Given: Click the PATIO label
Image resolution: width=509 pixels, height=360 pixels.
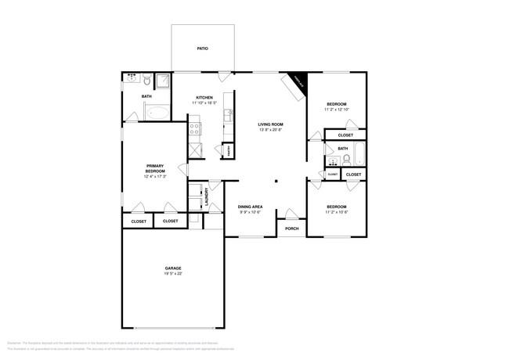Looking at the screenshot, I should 202,49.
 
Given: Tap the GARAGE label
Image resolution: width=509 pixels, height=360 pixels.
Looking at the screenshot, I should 173,267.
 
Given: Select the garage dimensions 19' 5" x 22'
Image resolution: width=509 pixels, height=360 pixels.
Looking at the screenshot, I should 173,274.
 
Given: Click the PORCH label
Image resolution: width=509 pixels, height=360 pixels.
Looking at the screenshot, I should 291,229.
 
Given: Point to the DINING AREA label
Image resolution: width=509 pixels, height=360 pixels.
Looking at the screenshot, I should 250,207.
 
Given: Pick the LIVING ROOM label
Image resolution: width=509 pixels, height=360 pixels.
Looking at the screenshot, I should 271,124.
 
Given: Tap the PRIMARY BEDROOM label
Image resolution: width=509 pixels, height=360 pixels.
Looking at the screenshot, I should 154,168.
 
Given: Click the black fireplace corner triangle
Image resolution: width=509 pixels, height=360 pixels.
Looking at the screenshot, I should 299,80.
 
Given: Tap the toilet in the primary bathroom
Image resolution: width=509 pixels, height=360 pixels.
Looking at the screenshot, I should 146,78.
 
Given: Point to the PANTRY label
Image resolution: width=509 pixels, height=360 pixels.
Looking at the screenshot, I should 229,149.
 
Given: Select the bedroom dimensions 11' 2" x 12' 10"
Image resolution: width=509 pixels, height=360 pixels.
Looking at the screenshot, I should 337,110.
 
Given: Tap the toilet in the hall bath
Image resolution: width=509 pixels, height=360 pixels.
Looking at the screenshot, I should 346,159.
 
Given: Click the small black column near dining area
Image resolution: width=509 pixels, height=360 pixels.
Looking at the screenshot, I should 275,182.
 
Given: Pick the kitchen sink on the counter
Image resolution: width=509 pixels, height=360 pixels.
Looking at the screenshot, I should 229,114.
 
